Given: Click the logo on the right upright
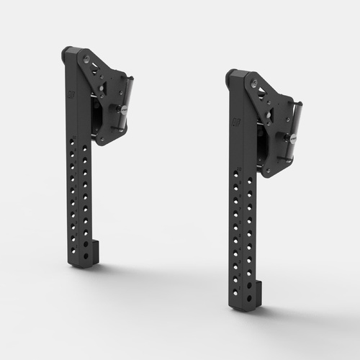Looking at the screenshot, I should point(236,124).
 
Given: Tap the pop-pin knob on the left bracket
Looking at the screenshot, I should point(122,109).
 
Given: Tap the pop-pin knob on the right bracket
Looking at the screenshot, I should point(292,136).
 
